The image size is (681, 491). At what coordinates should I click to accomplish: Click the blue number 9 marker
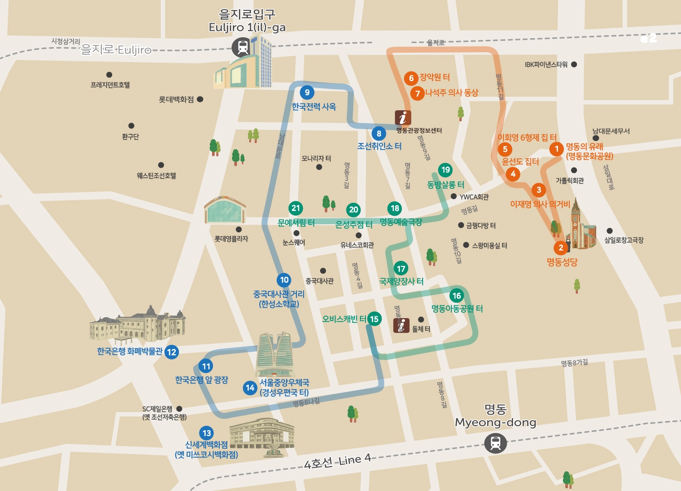click(307, 93)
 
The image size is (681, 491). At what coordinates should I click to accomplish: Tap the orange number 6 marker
click(411, 78)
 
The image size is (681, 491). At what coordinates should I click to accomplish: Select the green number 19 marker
click(445, 170)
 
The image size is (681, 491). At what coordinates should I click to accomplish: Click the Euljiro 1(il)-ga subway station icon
click(242, 47)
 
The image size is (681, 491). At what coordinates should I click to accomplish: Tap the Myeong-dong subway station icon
click(495, 443)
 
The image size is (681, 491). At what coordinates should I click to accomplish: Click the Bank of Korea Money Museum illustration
click(137, 324)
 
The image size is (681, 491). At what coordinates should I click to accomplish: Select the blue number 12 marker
click(171, 352)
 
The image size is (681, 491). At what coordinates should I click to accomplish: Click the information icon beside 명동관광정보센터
click(403, 118)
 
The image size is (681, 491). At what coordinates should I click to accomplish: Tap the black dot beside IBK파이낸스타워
click(574, 64)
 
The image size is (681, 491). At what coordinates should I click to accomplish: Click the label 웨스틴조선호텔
click(156, 176)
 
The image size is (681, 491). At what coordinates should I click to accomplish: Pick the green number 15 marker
click(374, 319)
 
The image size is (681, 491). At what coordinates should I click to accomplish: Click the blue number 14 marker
click(250, 388)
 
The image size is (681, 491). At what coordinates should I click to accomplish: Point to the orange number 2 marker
click(561, 248)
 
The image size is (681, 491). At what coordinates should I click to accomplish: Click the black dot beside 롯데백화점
click(200, 99)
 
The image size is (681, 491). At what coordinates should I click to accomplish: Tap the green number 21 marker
click(296, 208)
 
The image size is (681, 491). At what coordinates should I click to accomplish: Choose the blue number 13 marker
click(207, 433)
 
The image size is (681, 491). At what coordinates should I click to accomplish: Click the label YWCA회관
click(474, 197)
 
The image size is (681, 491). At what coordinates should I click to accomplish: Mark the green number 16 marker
click(456, 296)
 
